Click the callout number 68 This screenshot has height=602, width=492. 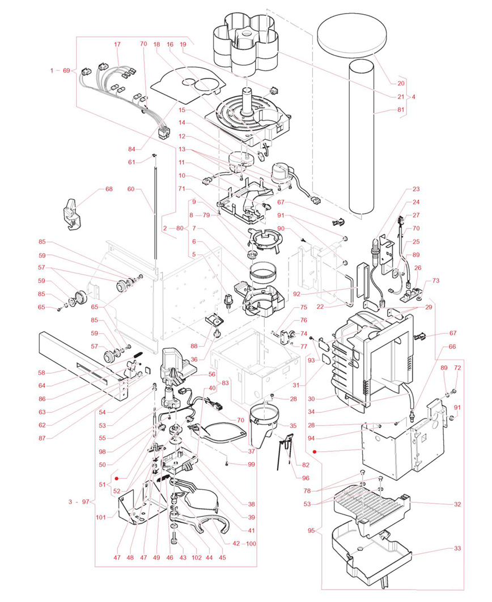109,189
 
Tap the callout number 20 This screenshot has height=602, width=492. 401,83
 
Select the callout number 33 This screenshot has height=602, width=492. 457,548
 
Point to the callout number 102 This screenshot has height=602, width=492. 197,557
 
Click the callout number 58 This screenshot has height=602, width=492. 41,373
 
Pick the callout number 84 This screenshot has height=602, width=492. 132,149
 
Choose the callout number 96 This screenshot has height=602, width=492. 306,478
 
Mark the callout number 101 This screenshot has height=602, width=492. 101,517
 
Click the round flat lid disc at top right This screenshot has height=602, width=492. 352,33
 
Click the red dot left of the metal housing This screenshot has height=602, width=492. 315,452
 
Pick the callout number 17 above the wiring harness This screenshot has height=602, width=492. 117,45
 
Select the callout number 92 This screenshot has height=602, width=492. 296,294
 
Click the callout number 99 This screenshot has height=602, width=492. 251,464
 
